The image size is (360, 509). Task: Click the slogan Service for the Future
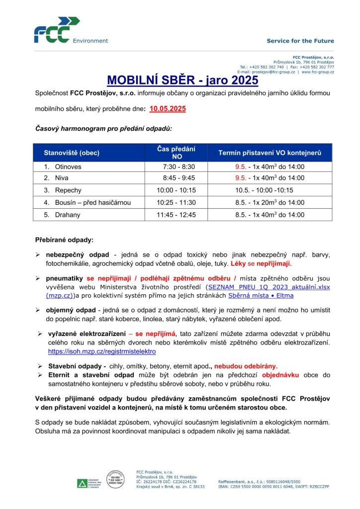coord(300,41)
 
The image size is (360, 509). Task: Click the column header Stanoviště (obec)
coord(72,153)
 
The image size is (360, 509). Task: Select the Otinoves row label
coord(68,167)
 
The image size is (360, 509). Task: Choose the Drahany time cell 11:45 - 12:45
coord(176,215)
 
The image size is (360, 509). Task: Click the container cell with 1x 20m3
coord(270,203)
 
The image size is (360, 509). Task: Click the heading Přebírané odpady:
coord(64,240)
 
